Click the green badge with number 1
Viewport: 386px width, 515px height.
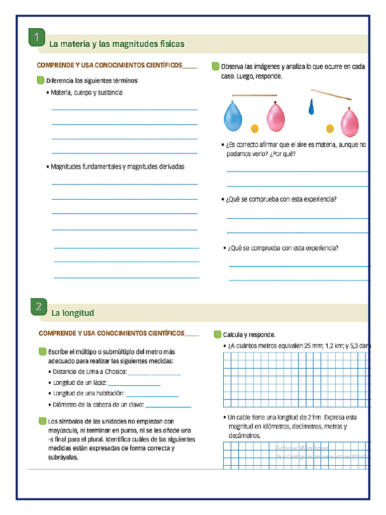[x=37, y=38]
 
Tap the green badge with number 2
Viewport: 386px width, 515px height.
[x=39, y=307]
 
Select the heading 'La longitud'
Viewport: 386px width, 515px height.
[x=72, y=313]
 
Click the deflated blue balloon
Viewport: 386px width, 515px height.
[x=311, y=106]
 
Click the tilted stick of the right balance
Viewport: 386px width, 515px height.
[x=331, y=94]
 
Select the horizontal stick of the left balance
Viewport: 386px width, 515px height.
[x=254, y=95]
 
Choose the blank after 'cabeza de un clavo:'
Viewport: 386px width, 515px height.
[x=168, y=405]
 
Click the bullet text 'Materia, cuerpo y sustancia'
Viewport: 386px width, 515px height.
[x=86, y=93]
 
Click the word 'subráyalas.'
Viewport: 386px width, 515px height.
[x=63, y=458]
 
